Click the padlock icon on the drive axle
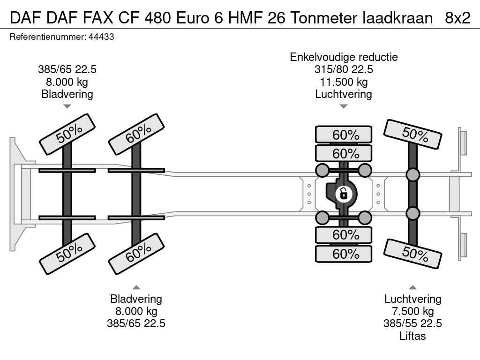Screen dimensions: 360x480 click(344, 193)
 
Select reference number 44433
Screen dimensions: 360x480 click(101, 37)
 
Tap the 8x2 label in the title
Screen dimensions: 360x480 click(457, 18)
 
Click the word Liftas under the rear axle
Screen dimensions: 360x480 click(412, 336)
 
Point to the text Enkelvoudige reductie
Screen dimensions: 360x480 click(344, 57)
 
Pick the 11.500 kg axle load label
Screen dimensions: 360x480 click(344, 82)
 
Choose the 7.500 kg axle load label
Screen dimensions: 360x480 click(412, 311)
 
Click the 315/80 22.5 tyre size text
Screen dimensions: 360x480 click(344, 69)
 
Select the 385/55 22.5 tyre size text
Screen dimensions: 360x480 click(412, 323)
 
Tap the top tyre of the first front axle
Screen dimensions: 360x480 click(67, 134)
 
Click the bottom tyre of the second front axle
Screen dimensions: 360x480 click(136, 254)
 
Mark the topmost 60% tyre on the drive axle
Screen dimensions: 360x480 click(344, 135)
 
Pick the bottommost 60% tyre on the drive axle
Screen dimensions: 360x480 click(344, 254)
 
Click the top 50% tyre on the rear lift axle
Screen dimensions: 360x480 click(412, 134)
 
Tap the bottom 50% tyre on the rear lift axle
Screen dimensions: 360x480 click(412, 254)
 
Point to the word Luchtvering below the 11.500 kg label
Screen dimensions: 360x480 click(344, 94)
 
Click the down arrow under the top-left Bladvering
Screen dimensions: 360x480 click(67, 106)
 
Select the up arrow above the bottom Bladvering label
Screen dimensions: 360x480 click(136, 287)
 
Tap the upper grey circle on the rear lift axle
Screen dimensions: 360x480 click(412, 175)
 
